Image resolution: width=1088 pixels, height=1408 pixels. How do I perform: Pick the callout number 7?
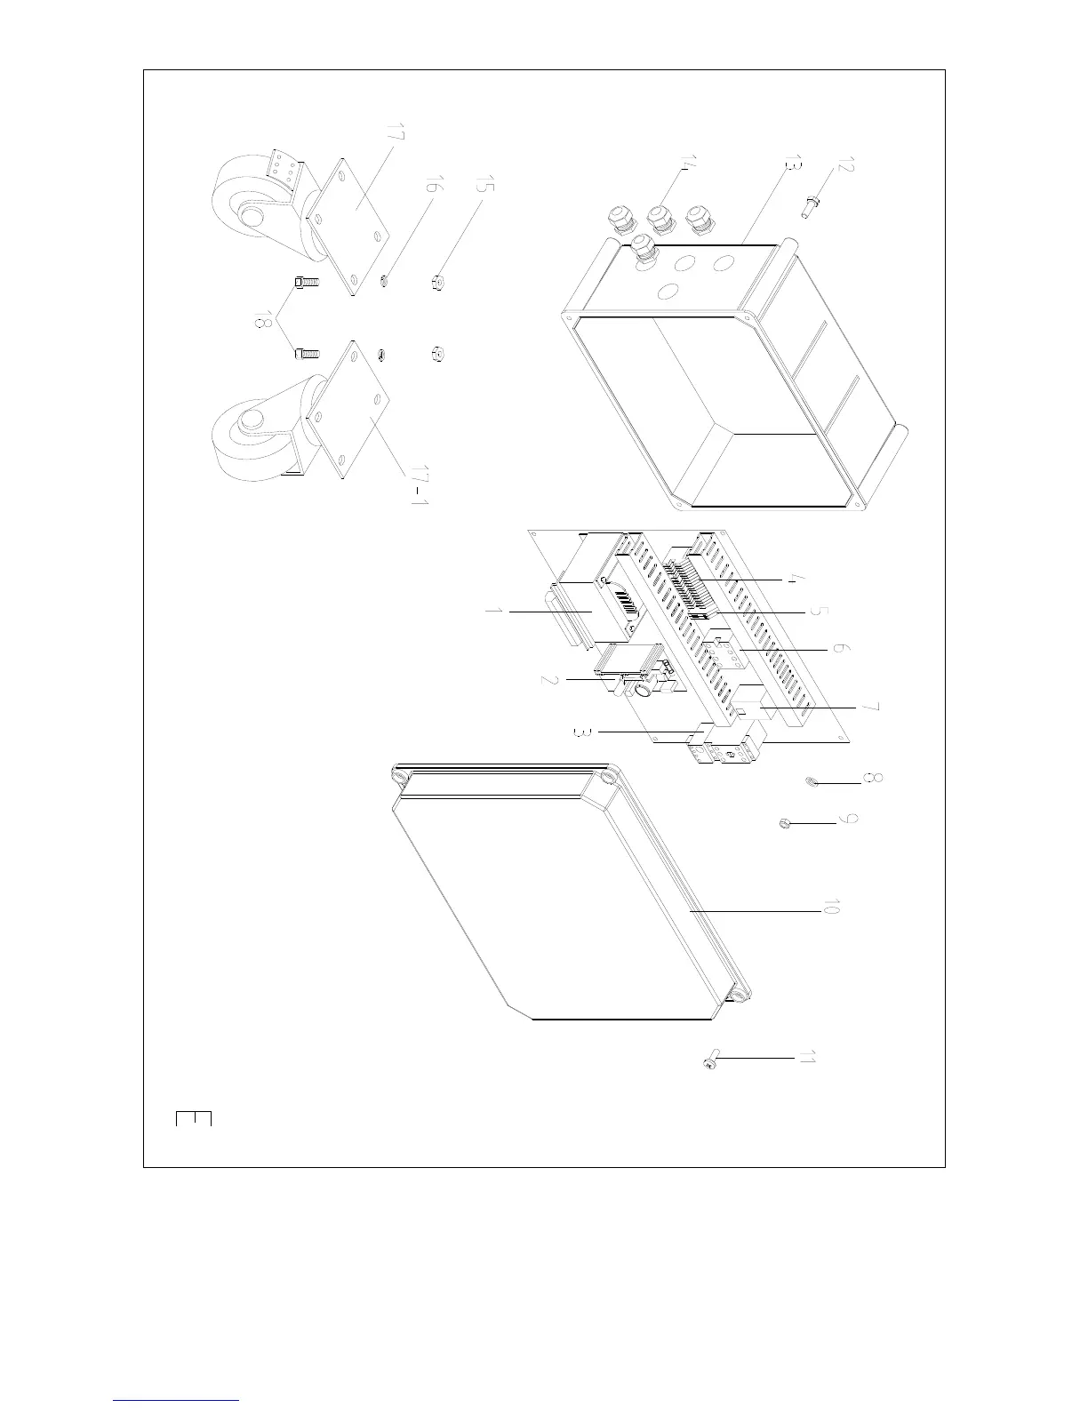coord(871,707)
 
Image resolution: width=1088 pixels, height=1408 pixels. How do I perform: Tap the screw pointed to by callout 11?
coord(709,1061)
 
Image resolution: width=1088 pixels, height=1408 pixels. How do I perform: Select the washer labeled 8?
coord(811,782)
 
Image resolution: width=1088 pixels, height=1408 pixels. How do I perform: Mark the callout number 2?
coord(551,680)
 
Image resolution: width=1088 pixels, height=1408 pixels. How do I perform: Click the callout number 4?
coord(796,579)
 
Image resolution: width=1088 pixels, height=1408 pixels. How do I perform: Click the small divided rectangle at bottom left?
coord(194,1118)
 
